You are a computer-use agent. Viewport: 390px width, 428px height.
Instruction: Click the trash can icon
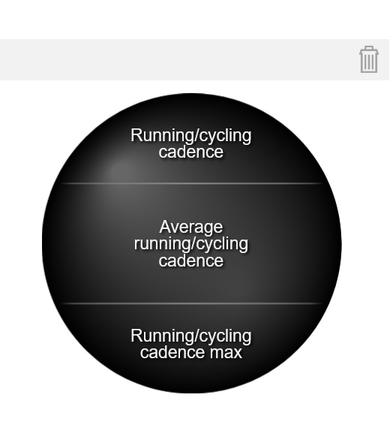click(369, 59)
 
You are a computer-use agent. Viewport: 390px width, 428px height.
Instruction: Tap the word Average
click(191, 228)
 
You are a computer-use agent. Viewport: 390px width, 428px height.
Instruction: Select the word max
click(226, 352)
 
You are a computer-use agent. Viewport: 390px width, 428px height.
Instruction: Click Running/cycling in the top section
click(191, 136)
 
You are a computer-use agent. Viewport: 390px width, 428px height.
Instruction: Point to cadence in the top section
click(191, 152)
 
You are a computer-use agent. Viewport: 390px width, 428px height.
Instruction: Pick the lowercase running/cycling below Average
click(191, 244)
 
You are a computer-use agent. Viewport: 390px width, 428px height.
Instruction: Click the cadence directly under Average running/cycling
click(191, 261)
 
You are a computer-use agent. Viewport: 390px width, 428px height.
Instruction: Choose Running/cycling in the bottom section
click(191, 336)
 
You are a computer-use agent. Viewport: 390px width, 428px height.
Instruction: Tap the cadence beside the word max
click(172, 352)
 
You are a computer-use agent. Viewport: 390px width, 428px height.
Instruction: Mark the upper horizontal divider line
click(191, 183)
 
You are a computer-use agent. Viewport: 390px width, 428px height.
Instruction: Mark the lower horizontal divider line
click(191, 303)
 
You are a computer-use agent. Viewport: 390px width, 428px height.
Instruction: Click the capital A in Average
click(165, 227)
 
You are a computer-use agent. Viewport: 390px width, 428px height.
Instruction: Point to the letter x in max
click(237, 353)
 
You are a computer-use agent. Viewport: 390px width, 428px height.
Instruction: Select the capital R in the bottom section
click(136, 335)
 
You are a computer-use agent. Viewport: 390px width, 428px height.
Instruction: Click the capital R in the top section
click(136, 135)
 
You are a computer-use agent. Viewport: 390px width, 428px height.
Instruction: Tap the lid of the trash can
click(369, 50)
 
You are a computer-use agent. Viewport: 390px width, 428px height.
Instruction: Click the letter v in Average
click(175, 228)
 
